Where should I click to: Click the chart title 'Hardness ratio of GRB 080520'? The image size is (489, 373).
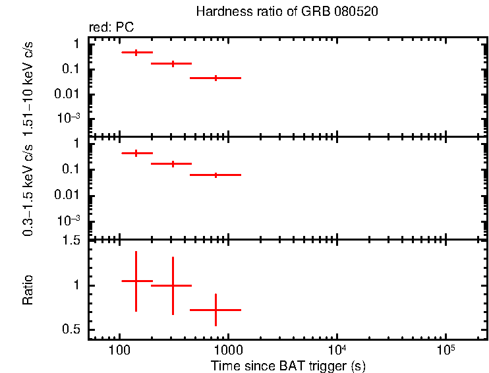pyautogui.click(x=287, y=13)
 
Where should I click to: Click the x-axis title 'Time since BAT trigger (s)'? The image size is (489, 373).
pyautogui.click(x=288, y=365)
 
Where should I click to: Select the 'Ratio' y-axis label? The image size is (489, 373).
pyautogui.click(x=28, y=291)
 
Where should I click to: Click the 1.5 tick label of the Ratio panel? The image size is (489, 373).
pyautogui.click(x=72, y=241)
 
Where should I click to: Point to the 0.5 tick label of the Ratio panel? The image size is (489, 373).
pyautogui.click(x=72, y=330)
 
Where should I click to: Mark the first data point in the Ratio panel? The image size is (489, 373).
pyautogui.click(x=136, y=281)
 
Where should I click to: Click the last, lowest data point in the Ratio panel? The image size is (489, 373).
pyautogui.click(x=216, y=310)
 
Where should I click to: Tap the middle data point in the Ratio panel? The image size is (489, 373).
pyautogui.click(x=173, y=285)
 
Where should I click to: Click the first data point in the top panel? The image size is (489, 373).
pyautogui.click(x=136, y=52)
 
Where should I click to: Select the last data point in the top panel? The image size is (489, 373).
pyautogui.click(x=216, y=78)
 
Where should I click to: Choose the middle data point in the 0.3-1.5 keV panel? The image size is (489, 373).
pyautogui.click(x=173, y=163)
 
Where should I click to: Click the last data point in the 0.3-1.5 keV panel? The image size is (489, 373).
pyautogui.click(x=216, y=175)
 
